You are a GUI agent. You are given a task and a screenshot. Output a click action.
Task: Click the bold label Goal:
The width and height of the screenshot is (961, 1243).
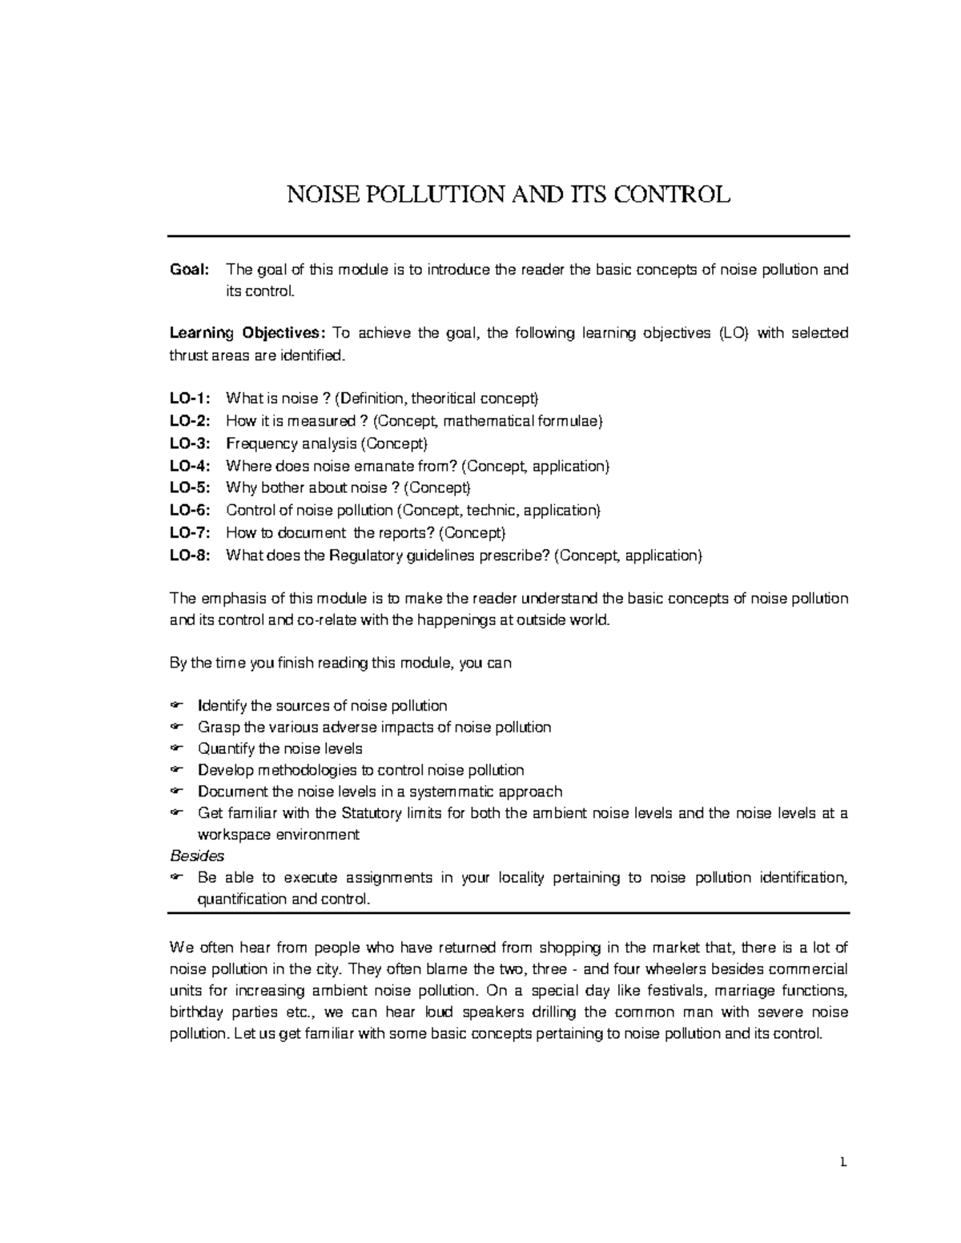pyautogui.click(x=189, y=270)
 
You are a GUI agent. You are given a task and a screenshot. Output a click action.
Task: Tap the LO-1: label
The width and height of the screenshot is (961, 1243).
pyautogui.click(x=191, y=399)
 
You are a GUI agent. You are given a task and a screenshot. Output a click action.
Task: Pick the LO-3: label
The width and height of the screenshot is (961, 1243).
pyautogui.click(x=191, y=443)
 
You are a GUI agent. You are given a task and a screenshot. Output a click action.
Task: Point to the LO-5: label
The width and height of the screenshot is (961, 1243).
pyautogui.click(x=191, y=487)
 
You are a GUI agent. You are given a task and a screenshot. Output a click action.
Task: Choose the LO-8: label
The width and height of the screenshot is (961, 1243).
pyautogui.click(x=191, y=555)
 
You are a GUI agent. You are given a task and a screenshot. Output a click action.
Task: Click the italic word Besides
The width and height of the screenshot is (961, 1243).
pyautogui.click(x=197, y=856)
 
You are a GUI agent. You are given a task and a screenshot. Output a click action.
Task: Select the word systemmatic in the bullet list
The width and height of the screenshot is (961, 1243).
pyautogui.click(x=451, y=792)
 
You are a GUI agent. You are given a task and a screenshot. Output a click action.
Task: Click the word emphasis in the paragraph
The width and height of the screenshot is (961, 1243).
pyautogui.click(x=231, y=599)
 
